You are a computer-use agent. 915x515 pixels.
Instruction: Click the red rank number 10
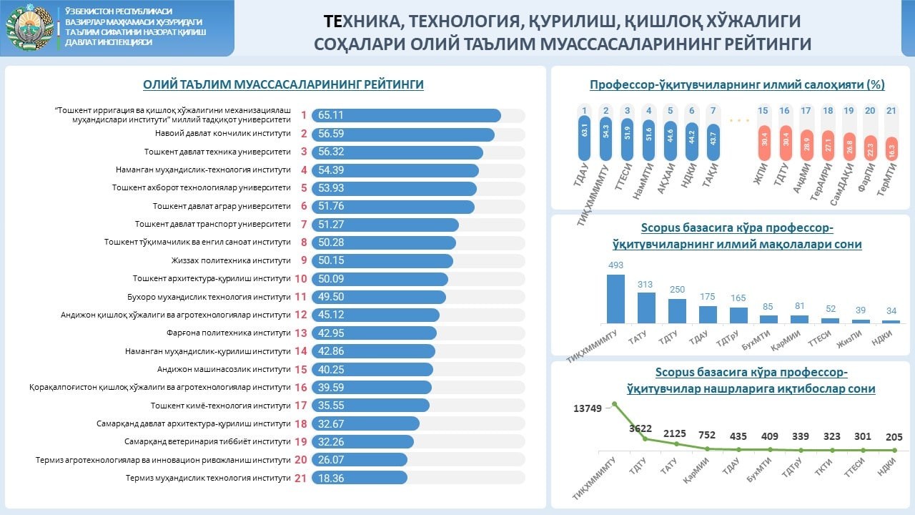[301, 279]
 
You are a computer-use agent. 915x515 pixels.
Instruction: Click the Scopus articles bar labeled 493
[615, 299]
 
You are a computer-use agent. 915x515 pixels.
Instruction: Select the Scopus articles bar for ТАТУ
[646, 308]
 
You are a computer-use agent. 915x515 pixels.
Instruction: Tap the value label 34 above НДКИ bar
[891, 310]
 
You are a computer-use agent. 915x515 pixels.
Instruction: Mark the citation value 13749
[591, 408]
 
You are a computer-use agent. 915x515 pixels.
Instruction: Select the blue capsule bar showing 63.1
[585, 133]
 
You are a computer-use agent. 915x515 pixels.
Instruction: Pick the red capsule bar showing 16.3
[891, 149]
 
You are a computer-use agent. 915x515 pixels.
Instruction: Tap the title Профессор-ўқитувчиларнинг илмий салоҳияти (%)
[737, 84]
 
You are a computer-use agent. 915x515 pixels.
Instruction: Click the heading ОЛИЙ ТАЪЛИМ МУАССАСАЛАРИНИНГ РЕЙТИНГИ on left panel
[283, 84]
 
